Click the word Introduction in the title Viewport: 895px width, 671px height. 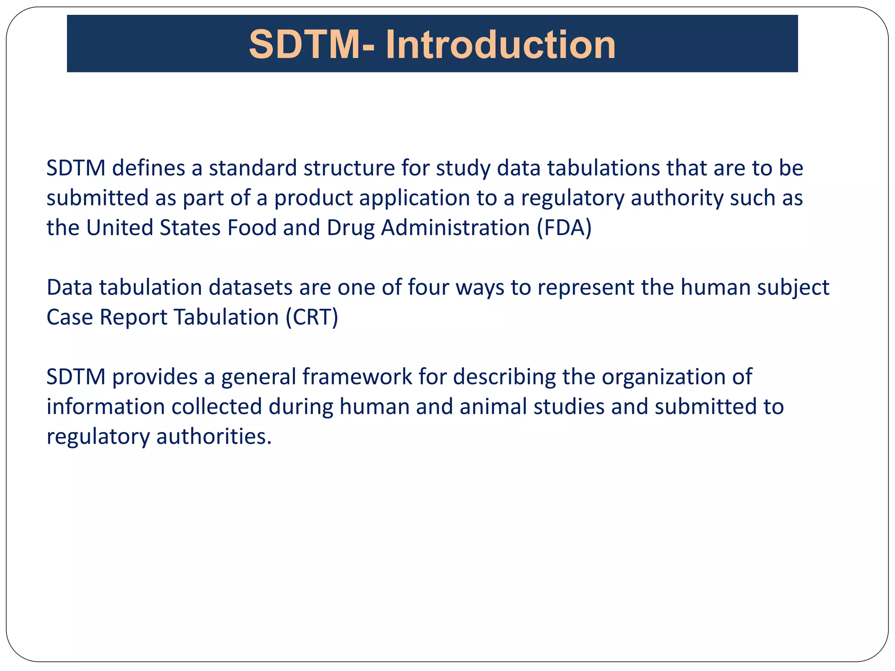point(500,45)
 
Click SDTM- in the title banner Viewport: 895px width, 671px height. point(312,45)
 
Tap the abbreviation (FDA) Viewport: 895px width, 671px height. point(564,228)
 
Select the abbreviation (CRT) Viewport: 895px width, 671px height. point(312,317)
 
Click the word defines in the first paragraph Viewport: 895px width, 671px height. point(149,168)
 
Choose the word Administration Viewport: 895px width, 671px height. point(455,228)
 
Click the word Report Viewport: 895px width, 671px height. point(133,318)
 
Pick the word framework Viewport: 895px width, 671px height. point(357,377)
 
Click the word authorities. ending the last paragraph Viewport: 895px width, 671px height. point(214,436)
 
